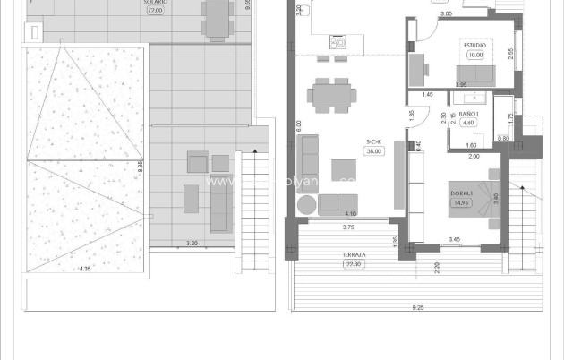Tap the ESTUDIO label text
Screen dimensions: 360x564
(x=474, y=44)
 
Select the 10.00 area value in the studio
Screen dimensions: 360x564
(x=474, y=54)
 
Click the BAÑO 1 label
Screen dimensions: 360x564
(x=470, y=114)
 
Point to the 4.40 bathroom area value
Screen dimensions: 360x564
(x=470, y=124)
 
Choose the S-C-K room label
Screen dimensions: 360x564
(x=374, y=141)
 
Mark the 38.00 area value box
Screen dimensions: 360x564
(x=374, y=150)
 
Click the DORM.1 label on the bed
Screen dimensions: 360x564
(x=462, y=193)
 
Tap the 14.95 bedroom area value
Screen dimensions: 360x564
(x=462, y=202)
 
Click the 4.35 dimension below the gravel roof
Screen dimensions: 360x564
(x=85, y=269)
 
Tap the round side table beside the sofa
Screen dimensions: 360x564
(x=306, y=205)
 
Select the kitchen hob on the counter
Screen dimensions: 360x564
(x=338, y=42)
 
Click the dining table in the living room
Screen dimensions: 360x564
(x=330, y=93)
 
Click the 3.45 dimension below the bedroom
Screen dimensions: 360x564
(x=454, y=239)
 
